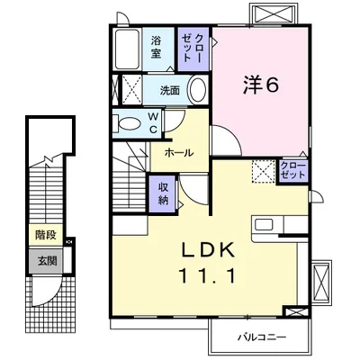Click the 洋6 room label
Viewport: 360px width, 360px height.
coord(260,85)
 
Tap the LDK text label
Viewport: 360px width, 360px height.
coord(209,250)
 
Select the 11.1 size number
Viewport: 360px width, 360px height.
coord(207,276)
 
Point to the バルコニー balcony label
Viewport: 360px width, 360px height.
coord(262,337)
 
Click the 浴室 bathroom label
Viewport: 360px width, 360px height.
coord(156,47)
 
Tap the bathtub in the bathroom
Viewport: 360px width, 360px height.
coord(127,49)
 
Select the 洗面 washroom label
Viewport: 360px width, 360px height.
coord(170,90)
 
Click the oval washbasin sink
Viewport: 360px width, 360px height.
coord(198,89)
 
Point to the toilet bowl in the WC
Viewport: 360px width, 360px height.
coord(130,124)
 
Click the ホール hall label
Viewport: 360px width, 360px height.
coord(179,153)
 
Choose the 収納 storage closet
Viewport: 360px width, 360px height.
coord(163,193)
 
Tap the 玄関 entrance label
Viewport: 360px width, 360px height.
coord(47,261)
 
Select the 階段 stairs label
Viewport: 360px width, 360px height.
coord(46,235)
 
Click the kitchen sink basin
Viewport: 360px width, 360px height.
coord(264,224)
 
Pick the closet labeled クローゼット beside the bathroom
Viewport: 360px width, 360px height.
coord(193,49)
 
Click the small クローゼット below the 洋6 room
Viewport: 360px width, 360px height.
coord(292,171)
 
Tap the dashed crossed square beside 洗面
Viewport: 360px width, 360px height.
coord(131,90)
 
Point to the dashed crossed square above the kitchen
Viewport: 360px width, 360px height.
coord(264,171)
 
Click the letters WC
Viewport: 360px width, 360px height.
coord(153,122)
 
